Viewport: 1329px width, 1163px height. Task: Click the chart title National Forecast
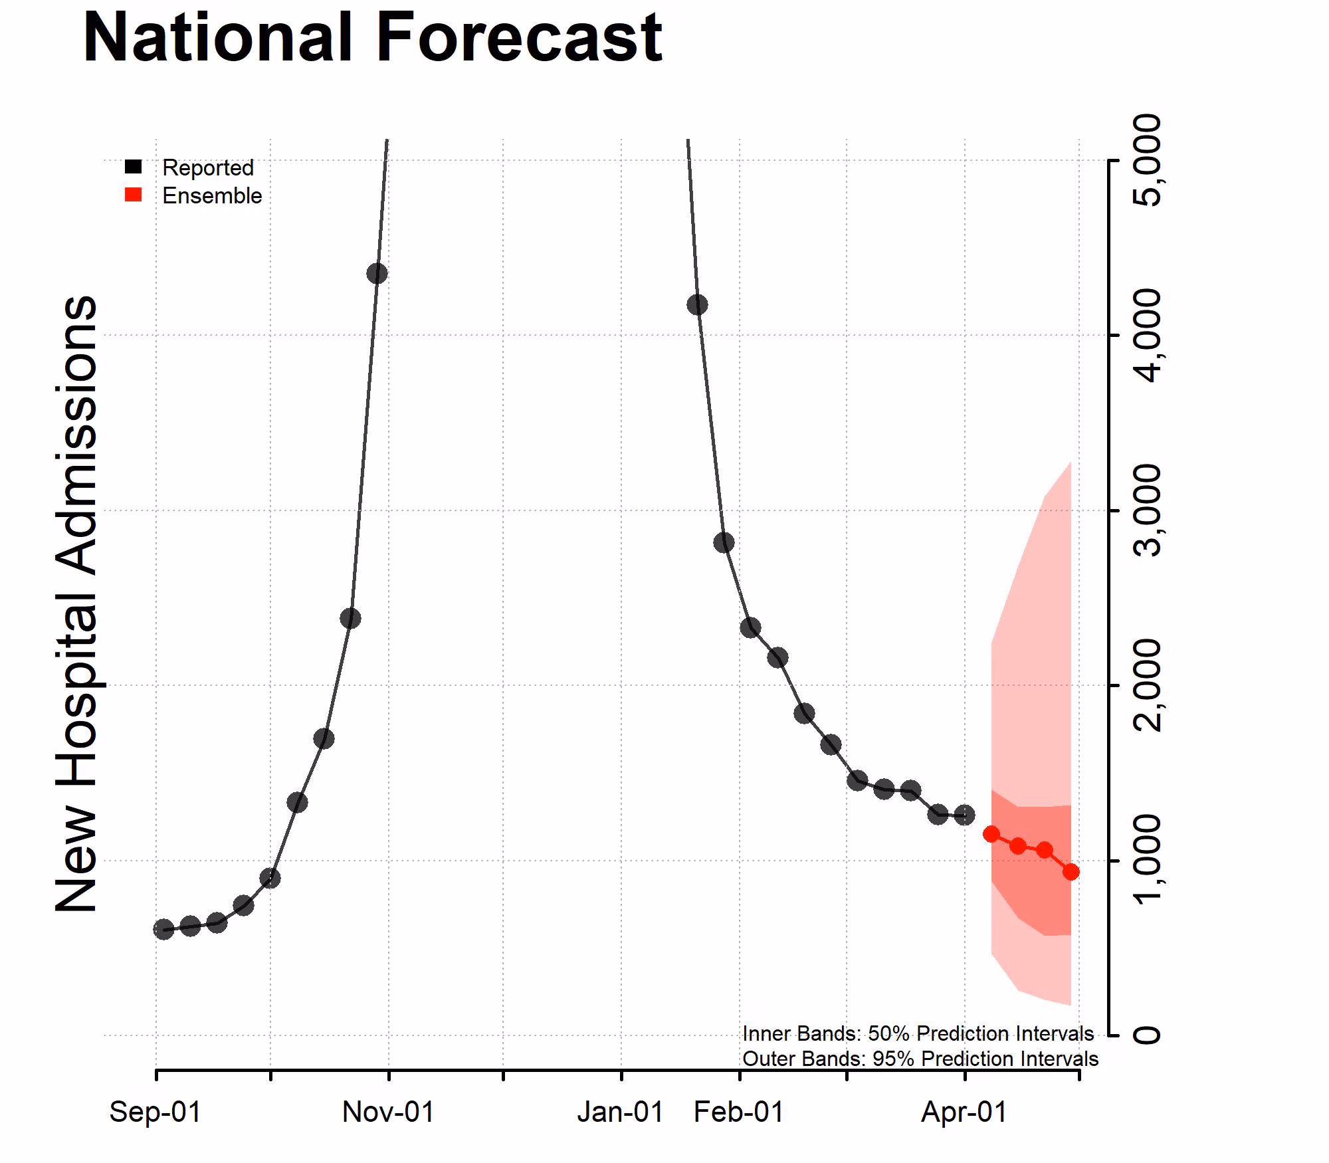[x=372, y=38]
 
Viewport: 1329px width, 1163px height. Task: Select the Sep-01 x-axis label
[x=155, y=1112]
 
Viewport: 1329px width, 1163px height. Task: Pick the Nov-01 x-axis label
[x=388, y=1112]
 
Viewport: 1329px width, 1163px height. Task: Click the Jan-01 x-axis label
[x=620, y=1112]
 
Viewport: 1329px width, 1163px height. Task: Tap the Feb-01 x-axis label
[x=739, y=1112]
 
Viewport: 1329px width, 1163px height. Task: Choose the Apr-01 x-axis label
[x=964, y=1112]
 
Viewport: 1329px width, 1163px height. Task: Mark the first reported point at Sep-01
[x=163, y=929]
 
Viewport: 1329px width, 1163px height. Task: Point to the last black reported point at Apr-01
[x=964, y=815]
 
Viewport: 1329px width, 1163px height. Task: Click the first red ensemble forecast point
[x=991, y=834]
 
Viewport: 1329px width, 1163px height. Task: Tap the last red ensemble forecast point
[x=1071, y=872]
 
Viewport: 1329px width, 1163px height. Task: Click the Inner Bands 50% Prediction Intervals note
[x=918, y=1034]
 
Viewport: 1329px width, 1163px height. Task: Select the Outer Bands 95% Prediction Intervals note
[x=920, y=1059]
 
